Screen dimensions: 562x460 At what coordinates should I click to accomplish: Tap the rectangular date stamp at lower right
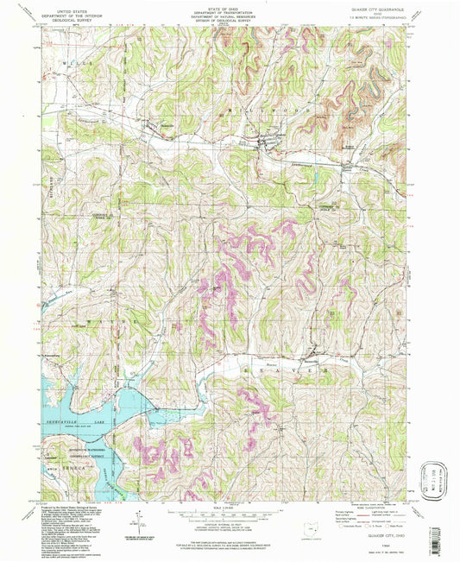(436, 478)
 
